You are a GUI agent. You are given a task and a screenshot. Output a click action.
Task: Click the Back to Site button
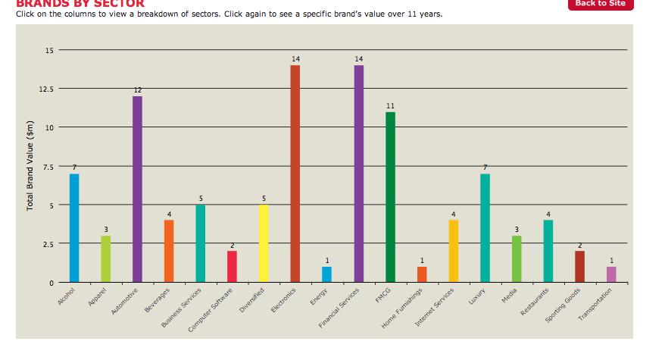(600, 4)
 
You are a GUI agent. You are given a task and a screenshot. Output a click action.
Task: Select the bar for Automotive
(137, 189)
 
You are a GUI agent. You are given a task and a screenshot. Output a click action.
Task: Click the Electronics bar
(295, 174)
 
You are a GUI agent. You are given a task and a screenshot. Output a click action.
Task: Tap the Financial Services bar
(358, 174)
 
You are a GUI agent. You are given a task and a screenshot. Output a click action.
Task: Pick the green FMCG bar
(390, 197)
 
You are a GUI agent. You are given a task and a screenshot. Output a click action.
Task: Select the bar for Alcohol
(74, 228)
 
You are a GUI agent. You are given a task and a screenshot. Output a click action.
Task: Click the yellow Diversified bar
(264, 243)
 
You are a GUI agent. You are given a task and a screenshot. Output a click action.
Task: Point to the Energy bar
(326, 274)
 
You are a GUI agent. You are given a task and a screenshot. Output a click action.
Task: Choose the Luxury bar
(485, 228)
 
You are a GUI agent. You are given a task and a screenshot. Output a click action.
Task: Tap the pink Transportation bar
(611, 274)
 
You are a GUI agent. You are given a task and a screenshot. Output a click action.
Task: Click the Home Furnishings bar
(422, 274)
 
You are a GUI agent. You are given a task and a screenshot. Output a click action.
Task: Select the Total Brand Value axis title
(30, 166)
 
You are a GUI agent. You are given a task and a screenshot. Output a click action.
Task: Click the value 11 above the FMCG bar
(390, 106)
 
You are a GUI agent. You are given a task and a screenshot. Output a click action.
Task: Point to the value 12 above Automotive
(137, 90)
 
